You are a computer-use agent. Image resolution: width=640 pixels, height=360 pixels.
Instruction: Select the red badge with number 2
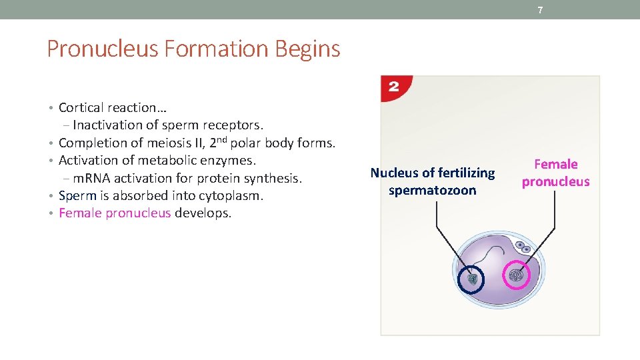(395, 87)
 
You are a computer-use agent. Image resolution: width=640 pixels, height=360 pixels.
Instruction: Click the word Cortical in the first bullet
(81, 107)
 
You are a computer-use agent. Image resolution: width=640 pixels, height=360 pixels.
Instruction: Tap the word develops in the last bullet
(203, 213)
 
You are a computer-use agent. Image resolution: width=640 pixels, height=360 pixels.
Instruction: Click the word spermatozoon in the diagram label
(433, 191)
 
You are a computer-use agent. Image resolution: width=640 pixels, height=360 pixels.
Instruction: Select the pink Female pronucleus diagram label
(555, 173)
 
